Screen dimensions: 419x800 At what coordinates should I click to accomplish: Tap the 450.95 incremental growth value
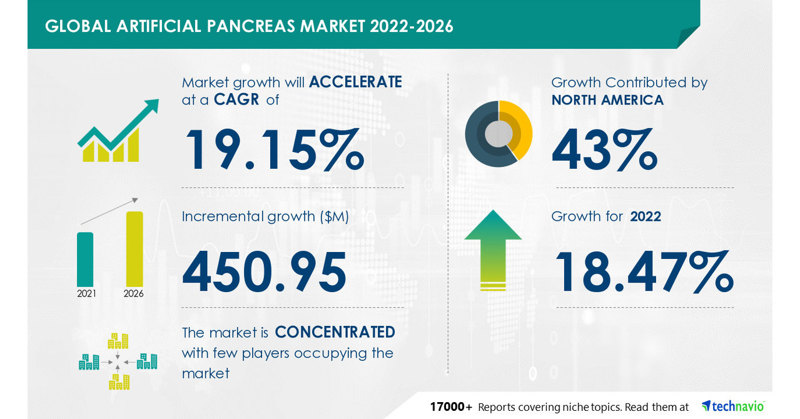tap(264, 271)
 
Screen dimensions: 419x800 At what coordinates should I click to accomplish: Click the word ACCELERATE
tap(355, 82)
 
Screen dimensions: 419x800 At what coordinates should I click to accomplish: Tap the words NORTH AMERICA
tap(607, 99)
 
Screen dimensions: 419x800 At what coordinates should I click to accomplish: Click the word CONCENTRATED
tap(335, 331)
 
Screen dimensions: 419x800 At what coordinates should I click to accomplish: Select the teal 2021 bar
tap(85, 259)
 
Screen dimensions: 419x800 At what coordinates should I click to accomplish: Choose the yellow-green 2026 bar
tap(134, 248)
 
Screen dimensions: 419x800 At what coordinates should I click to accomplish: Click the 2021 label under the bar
tap(86, 293)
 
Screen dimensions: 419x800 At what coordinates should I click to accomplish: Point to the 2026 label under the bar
tap(134, 293)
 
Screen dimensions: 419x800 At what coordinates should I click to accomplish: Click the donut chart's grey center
tap(498, 133)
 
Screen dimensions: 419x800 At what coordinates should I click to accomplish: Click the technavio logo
tap(733, 406)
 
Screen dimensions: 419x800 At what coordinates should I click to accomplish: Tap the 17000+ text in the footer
tap(450, 406)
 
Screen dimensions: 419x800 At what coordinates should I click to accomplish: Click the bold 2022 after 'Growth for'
tap(646, 216)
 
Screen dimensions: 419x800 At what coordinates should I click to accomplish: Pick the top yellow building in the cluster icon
tap(118, 341)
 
